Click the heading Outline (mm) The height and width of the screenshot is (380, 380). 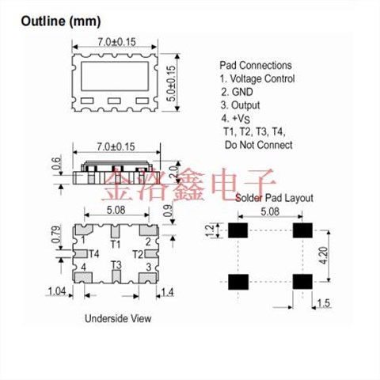pos(61,21)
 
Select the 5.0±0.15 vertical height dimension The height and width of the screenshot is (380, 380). pos(172,83)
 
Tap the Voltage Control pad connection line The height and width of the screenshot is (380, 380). pos(257,78)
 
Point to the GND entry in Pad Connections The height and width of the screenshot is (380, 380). pos(237,92)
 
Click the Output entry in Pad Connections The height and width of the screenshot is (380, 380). pos(241,105)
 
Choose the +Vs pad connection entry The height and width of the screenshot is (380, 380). pos(236,119)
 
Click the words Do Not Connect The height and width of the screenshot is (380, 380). pos(259,145)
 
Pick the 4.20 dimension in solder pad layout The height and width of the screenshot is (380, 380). pos(324,256)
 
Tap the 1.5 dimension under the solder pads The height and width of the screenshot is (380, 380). pos(324,303)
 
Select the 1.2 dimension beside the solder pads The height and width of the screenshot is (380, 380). pos(211,230)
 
